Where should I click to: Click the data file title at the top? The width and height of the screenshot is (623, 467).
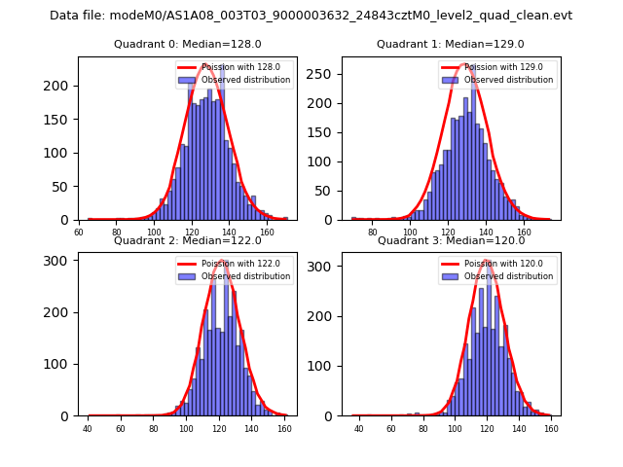(x=311, y=16)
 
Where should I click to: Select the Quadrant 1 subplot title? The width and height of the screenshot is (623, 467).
(x=451, y=44)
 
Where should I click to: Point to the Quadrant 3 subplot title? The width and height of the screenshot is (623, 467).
(x=451, y=240)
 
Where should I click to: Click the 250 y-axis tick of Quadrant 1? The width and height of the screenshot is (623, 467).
(x=325, y=74)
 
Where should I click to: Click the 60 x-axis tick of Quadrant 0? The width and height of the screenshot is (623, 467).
(x=79, y=233)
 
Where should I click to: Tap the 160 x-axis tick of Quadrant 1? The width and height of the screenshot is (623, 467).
(x=525, y=233)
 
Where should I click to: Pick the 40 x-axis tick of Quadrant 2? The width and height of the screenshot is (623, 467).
(x=88, y=429)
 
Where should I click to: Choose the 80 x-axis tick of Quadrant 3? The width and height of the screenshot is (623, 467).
(x=422, y=429)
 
